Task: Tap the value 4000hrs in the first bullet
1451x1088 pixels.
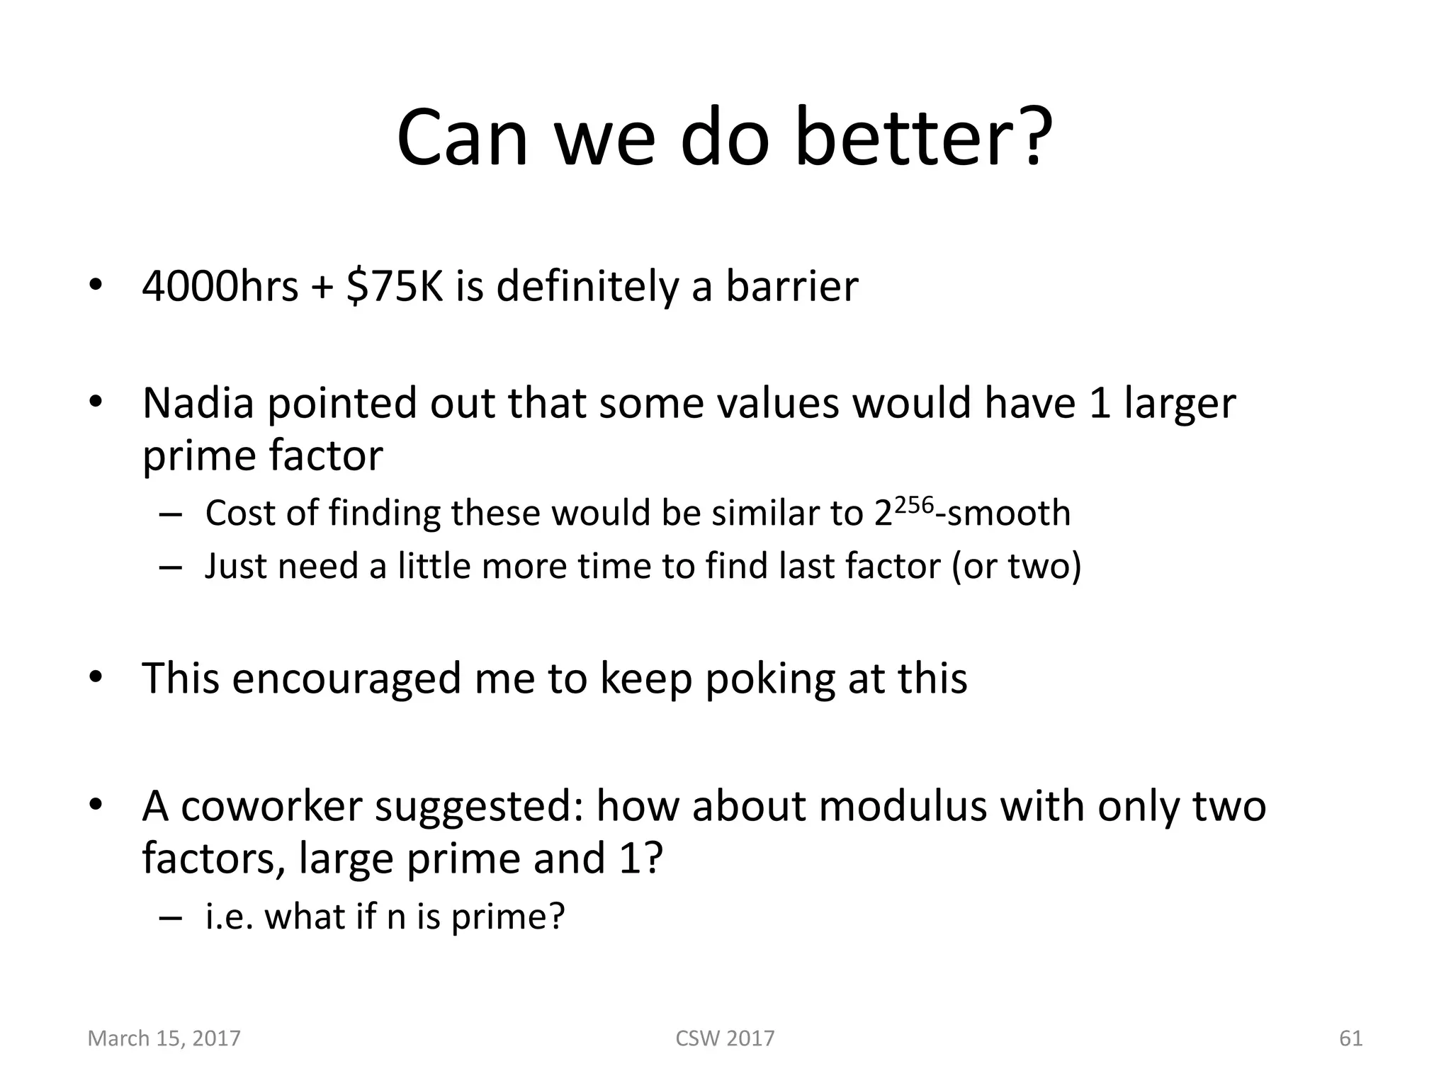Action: click(220, 286)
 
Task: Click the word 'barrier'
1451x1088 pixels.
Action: click(791, 286)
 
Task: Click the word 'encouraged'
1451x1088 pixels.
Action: click(348, 678)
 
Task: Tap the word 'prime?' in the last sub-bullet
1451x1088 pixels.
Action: click(508, 917)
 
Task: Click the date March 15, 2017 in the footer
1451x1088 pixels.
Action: click(164, 1038)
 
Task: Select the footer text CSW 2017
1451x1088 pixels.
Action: click(725, 1038)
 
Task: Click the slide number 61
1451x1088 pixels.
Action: click(1350, 1038)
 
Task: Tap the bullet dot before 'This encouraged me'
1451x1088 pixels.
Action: click(96, 676)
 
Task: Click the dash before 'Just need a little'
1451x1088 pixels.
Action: click(171, 567)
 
